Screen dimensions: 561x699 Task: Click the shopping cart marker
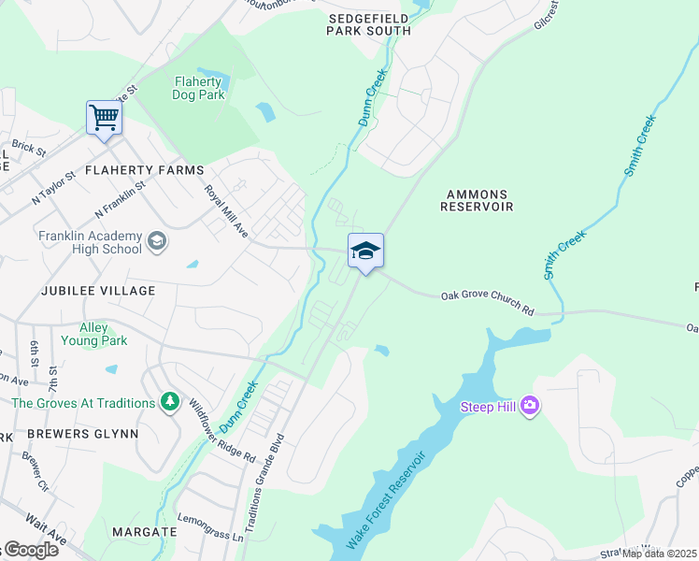pos(104,119)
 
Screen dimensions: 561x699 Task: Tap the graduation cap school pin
pos(365,251)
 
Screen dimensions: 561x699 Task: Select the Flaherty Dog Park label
pos(199,88)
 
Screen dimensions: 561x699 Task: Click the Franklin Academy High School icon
pos(157,242)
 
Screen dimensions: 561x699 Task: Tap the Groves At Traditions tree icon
pos(169,402)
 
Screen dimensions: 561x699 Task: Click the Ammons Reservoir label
pos(478,200)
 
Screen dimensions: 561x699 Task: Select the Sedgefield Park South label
pos(368,24)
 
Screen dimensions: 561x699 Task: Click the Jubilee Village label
pos(97,291)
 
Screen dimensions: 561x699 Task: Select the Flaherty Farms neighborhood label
pos(144,170)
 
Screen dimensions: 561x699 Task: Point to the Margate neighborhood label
pos(144,531)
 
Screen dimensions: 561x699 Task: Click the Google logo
pos(30,550)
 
